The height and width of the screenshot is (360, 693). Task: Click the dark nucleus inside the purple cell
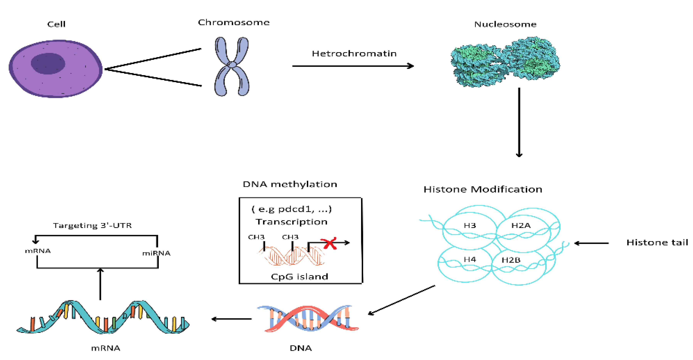(48, 63)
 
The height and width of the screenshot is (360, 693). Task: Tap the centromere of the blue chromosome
(232, 65)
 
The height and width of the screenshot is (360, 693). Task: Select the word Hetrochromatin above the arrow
(354, 54)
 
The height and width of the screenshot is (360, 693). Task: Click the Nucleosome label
(505, 24)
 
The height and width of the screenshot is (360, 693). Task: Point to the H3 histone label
(470, 225)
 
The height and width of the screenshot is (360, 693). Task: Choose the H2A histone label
(521, 225)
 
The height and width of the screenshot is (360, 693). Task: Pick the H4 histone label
(470, 259)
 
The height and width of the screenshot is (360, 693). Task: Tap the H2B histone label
(511, 260)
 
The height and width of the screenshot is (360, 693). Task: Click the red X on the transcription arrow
(329, 243)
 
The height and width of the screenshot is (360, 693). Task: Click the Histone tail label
(657, 242)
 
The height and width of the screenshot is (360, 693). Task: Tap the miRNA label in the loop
(156, 253)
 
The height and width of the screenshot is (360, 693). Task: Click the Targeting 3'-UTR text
(92, 225)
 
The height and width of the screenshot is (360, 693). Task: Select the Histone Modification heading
(483, 189)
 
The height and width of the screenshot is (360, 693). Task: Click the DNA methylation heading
(290, 184)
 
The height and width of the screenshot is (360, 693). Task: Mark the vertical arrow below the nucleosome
(519, 122)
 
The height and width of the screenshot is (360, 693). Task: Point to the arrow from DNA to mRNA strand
(232, 319)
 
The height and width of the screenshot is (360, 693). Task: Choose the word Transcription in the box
(291, 222)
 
